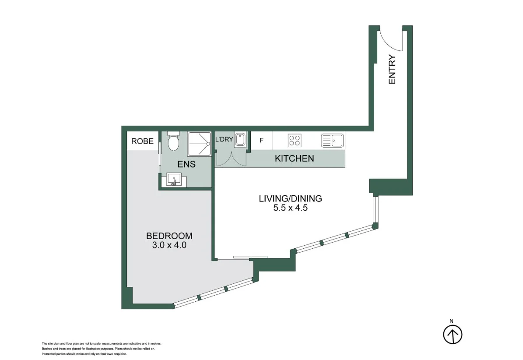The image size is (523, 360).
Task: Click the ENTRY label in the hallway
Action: coord(392,69)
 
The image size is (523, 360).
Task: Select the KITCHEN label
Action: coord(294,159)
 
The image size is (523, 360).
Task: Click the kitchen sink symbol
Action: coord(332,141)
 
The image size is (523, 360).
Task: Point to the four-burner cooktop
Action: coord(294,141)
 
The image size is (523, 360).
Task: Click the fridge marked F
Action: coord(261,141)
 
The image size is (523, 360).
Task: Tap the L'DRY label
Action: coord(224,140)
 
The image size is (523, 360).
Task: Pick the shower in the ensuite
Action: coord(200,144)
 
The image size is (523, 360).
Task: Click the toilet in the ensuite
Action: coord(174,141)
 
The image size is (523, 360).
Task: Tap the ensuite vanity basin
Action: coord(174,180)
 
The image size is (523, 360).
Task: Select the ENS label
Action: coord(186,165)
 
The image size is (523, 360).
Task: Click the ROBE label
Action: coord(142,141)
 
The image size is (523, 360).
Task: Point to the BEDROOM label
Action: coord(169,236)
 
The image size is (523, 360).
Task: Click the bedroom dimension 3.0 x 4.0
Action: coord(169,245)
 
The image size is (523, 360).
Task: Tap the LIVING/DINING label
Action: coord(290,198)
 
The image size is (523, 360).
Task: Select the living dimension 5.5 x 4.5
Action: coord(290,208)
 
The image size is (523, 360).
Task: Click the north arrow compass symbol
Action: coord(453,335)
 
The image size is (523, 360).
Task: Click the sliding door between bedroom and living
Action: coord(249,258)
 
